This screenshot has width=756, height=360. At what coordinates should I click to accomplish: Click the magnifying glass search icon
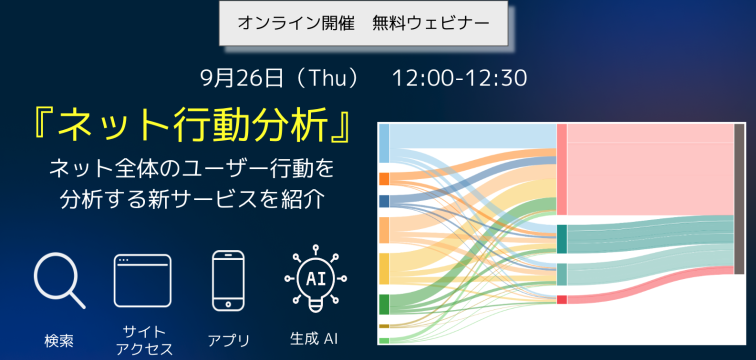(x=58, y=280)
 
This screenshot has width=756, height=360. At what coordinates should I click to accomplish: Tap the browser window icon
(x=142, y=281)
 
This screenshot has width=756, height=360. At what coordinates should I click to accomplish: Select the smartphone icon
(x=228, y=281)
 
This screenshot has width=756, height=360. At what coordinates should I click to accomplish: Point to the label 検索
(x=58, y=340)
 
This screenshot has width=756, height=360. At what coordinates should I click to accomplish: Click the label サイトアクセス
(x=142, y=339)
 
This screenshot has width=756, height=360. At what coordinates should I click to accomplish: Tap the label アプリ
(x=228, y=340)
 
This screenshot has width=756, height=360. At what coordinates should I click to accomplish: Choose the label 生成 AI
(x=314, y=339)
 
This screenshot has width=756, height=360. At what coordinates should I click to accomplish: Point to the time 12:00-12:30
(x=459, y=77)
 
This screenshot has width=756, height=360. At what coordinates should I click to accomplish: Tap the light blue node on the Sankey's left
(x=384, y=143)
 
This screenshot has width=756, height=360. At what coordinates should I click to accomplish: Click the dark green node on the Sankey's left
(x=384, y=304)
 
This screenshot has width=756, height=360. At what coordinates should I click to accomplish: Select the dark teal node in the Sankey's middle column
(x=562, y=239)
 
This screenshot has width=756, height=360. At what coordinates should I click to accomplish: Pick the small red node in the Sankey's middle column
(x=562, y=299)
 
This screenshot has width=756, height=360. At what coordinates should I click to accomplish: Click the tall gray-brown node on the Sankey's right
(x=739, y=198)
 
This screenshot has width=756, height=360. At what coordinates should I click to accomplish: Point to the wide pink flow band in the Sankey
(x=650, y=170)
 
